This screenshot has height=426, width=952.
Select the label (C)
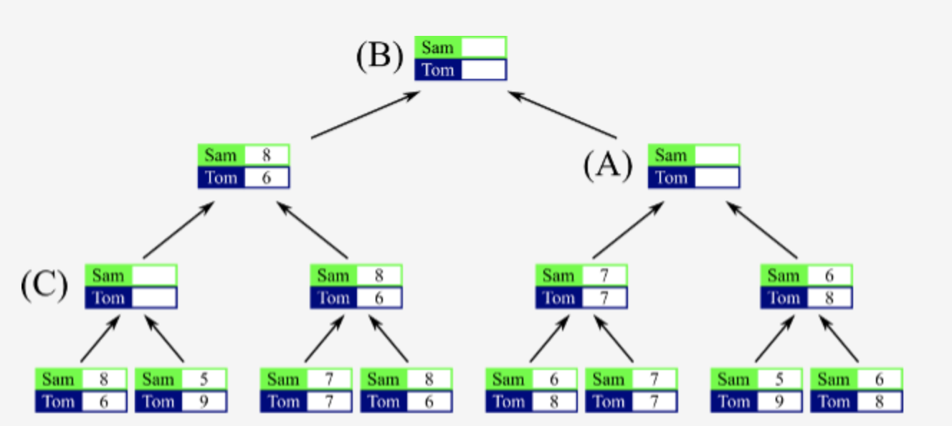coord(44,285)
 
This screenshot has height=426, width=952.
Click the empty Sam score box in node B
coord(483,47)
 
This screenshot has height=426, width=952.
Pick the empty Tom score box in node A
coord(716,177)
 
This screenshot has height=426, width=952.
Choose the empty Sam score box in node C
coord(153,275)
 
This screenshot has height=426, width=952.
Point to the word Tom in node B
coord(438,70)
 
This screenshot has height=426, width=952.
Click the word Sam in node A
coord(671,156)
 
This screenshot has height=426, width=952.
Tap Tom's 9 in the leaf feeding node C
coord(204,402)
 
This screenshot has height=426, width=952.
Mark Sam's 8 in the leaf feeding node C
coord(103,379)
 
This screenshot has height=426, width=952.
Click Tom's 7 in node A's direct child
coord(604,298)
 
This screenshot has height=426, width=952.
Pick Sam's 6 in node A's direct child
coord(829,275)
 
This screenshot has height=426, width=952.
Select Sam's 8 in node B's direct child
coord(266,156)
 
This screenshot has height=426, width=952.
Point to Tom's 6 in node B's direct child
coord(266,177)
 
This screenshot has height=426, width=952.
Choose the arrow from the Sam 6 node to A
coord(762,230)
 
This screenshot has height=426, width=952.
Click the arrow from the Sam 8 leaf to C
coord(100,340)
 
